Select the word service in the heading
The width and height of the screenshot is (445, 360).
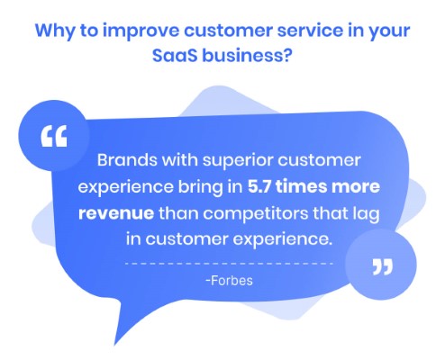pyautogui.click(x=310, y=31)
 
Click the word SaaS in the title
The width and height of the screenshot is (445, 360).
pyautogui.click(x=175, y=56)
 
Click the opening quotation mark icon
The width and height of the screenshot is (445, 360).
pyautogui.click(x=54, y=136)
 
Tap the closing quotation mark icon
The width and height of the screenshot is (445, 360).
pyautogui.click(x=382, y=267)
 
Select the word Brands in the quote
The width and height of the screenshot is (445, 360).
pyautogui.click(x=127, y=160)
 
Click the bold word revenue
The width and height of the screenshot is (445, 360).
pyautogui.click(x=116, y=213)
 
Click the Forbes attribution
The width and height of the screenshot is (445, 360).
pyautogui.click(x=230, y=281)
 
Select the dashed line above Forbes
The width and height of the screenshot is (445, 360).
pyautogui.click(x=229, y=264)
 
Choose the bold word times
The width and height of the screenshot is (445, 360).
pyautogui.click(x=301, y=186)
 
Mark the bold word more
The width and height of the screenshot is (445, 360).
pyautogui.click(x=356, y=187)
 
